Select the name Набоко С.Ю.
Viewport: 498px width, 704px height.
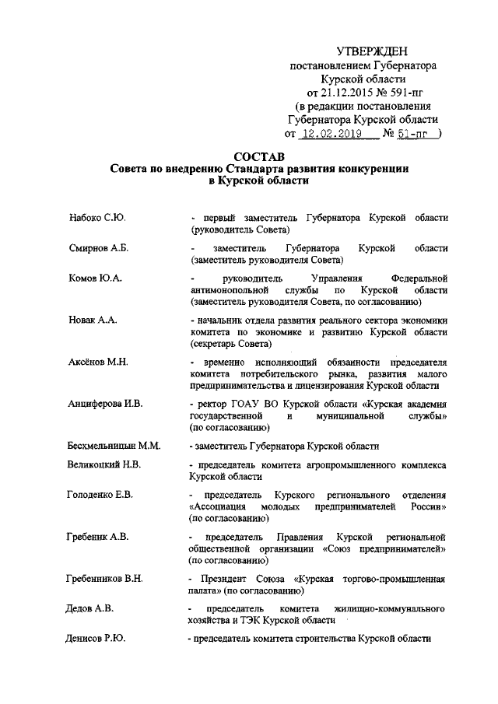coord(97,217)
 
